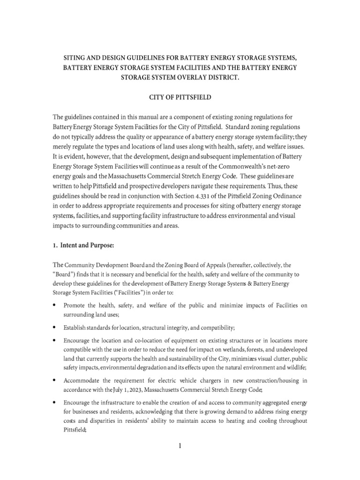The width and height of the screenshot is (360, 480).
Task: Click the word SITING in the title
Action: pyautogui.click(x=76, y=57)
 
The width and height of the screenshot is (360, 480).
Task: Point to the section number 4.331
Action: pyautogui.click(x=190, y=195)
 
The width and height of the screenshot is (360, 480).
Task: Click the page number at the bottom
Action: pyautogui.click(x=179, y=445)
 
